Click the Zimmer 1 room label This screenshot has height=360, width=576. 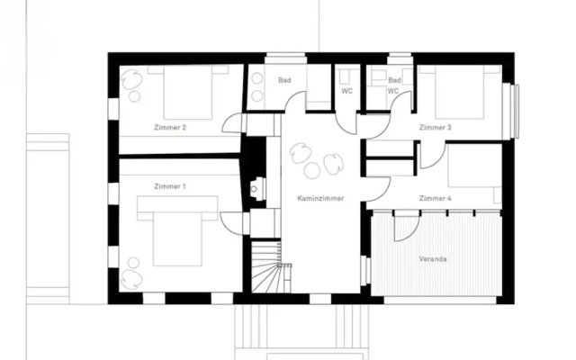tap(170, 186)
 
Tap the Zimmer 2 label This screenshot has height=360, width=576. tap(170, 128)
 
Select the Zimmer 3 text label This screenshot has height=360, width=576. tap(436, 128)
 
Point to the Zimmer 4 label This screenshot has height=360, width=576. tap(436, 198)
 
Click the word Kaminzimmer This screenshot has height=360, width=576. tap(320, 198)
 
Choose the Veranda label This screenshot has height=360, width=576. tap(433, 259)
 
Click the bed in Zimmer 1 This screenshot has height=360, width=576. tap(177, 230)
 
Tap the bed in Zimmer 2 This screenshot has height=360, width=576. tap(188, 93)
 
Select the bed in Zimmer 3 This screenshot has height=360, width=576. tap(459, 92)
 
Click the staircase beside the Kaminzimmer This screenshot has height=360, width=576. tap(267, 266)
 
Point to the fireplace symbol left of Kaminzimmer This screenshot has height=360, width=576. tap(258, 189)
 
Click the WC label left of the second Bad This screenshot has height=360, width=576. tap(346, 91)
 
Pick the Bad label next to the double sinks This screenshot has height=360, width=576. tap(284, 80)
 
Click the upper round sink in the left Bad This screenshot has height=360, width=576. tap(257, 78)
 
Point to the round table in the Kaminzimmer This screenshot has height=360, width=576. tap(312, 171)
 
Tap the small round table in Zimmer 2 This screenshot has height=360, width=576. tap(134, 96)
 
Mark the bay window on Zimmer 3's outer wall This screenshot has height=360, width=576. tap(511, 111)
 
